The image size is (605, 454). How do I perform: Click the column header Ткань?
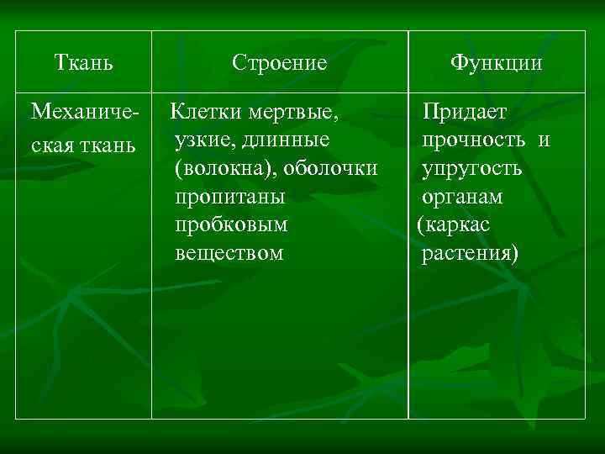(84, 63)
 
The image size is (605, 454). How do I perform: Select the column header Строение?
(280, 63)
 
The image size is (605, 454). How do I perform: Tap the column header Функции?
(496, 63)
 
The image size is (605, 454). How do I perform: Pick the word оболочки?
(330, 167)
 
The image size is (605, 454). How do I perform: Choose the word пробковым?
(232, 224)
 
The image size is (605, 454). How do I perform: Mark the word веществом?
(229, 253)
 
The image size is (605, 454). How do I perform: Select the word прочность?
(475, 139)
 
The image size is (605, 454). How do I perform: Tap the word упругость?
(472, 167)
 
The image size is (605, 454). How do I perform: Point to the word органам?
(462, 196)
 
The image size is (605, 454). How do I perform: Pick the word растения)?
(471, 253)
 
